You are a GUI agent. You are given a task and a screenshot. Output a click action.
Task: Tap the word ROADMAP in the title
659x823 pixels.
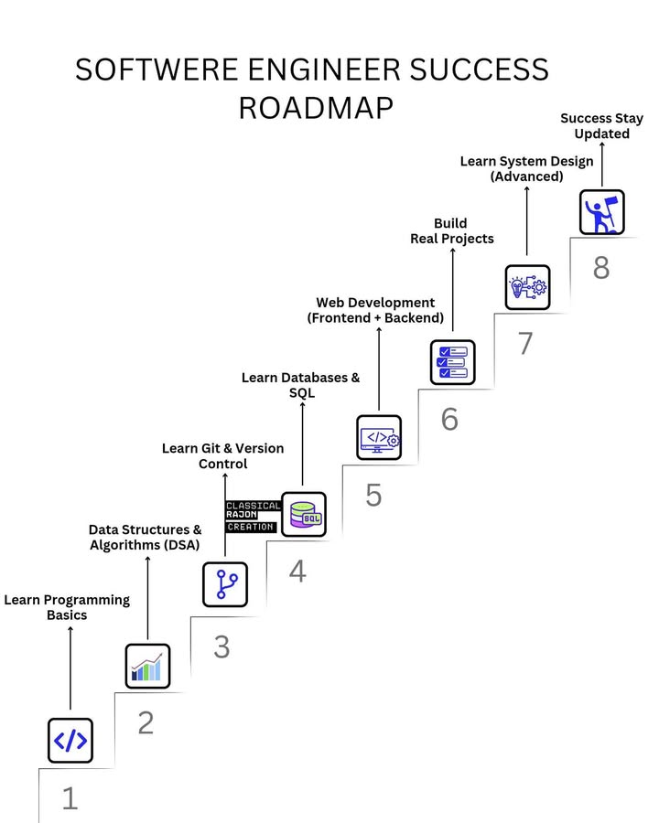click(316, 107)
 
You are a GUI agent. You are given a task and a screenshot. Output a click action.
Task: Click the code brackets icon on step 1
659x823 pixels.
click(70, 741)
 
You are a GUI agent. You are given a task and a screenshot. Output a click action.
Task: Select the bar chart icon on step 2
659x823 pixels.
click(147, 666)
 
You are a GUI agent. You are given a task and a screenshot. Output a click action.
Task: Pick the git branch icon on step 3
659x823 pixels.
click(225, 584)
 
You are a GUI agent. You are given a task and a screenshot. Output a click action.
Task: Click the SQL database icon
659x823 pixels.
click(303, 514)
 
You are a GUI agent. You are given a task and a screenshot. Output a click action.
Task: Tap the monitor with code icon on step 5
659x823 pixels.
click(379, 437)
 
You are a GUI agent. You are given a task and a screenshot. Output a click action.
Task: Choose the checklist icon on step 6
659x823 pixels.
click(453, 361)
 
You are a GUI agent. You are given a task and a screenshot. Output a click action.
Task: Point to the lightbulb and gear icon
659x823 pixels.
click(527, 287)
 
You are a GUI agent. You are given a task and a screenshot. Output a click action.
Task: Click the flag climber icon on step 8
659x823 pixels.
click(602, 212)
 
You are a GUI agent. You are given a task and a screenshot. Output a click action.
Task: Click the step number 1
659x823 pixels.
click(70, 798)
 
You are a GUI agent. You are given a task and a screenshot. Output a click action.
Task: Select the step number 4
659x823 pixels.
click(297, 572)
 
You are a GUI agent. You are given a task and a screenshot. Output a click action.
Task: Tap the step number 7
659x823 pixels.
click(524, 344)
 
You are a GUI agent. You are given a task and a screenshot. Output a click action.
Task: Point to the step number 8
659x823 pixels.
click(600, 268)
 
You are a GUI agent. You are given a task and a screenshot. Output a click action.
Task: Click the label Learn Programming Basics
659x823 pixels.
click(67, 607)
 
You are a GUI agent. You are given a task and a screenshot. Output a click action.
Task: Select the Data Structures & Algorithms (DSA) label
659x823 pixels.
click(145, 537)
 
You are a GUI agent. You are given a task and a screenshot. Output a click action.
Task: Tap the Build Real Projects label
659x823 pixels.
click(450, 230)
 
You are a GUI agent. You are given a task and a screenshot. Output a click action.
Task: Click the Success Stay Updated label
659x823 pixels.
click(601, 126)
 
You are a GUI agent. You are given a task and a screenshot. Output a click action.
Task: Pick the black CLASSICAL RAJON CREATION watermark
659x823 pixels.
click(252, 516)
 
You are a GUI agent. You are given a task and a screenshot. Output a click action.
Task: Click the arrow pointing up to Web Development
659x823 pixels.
click(379, 366)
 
